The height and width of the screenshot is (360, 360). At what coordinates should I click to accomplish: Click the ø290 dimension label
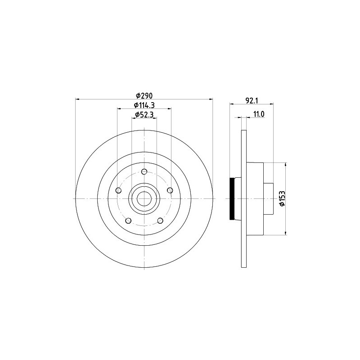[144, 95]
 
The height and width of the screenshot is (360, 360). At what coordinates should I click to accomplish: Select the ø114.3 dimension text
[144, 105]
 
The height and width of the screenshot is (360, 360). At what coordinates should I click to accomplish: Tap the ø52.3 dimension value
[144, 114]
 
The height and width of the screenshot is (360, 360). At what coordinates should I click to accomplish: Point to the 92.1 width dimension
[252, 100]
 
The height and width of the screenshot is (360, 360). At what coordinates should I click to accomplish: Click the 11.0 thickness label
[259, 114]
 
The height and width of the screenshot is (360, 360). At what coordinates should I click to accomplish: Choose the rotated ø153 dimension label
[282, 198]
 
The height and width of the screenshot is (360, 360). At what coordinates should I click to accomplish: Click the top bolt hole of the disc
[144, 171]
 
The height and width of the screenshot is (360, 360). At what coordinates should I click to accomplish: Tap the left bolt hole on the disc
[118, 190]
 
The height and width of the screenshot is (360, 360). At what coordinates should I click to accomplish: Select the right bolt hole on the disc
[170, 190]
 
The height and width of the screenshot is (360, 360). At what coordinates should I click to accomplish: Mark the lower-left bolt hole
[128, 220]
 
